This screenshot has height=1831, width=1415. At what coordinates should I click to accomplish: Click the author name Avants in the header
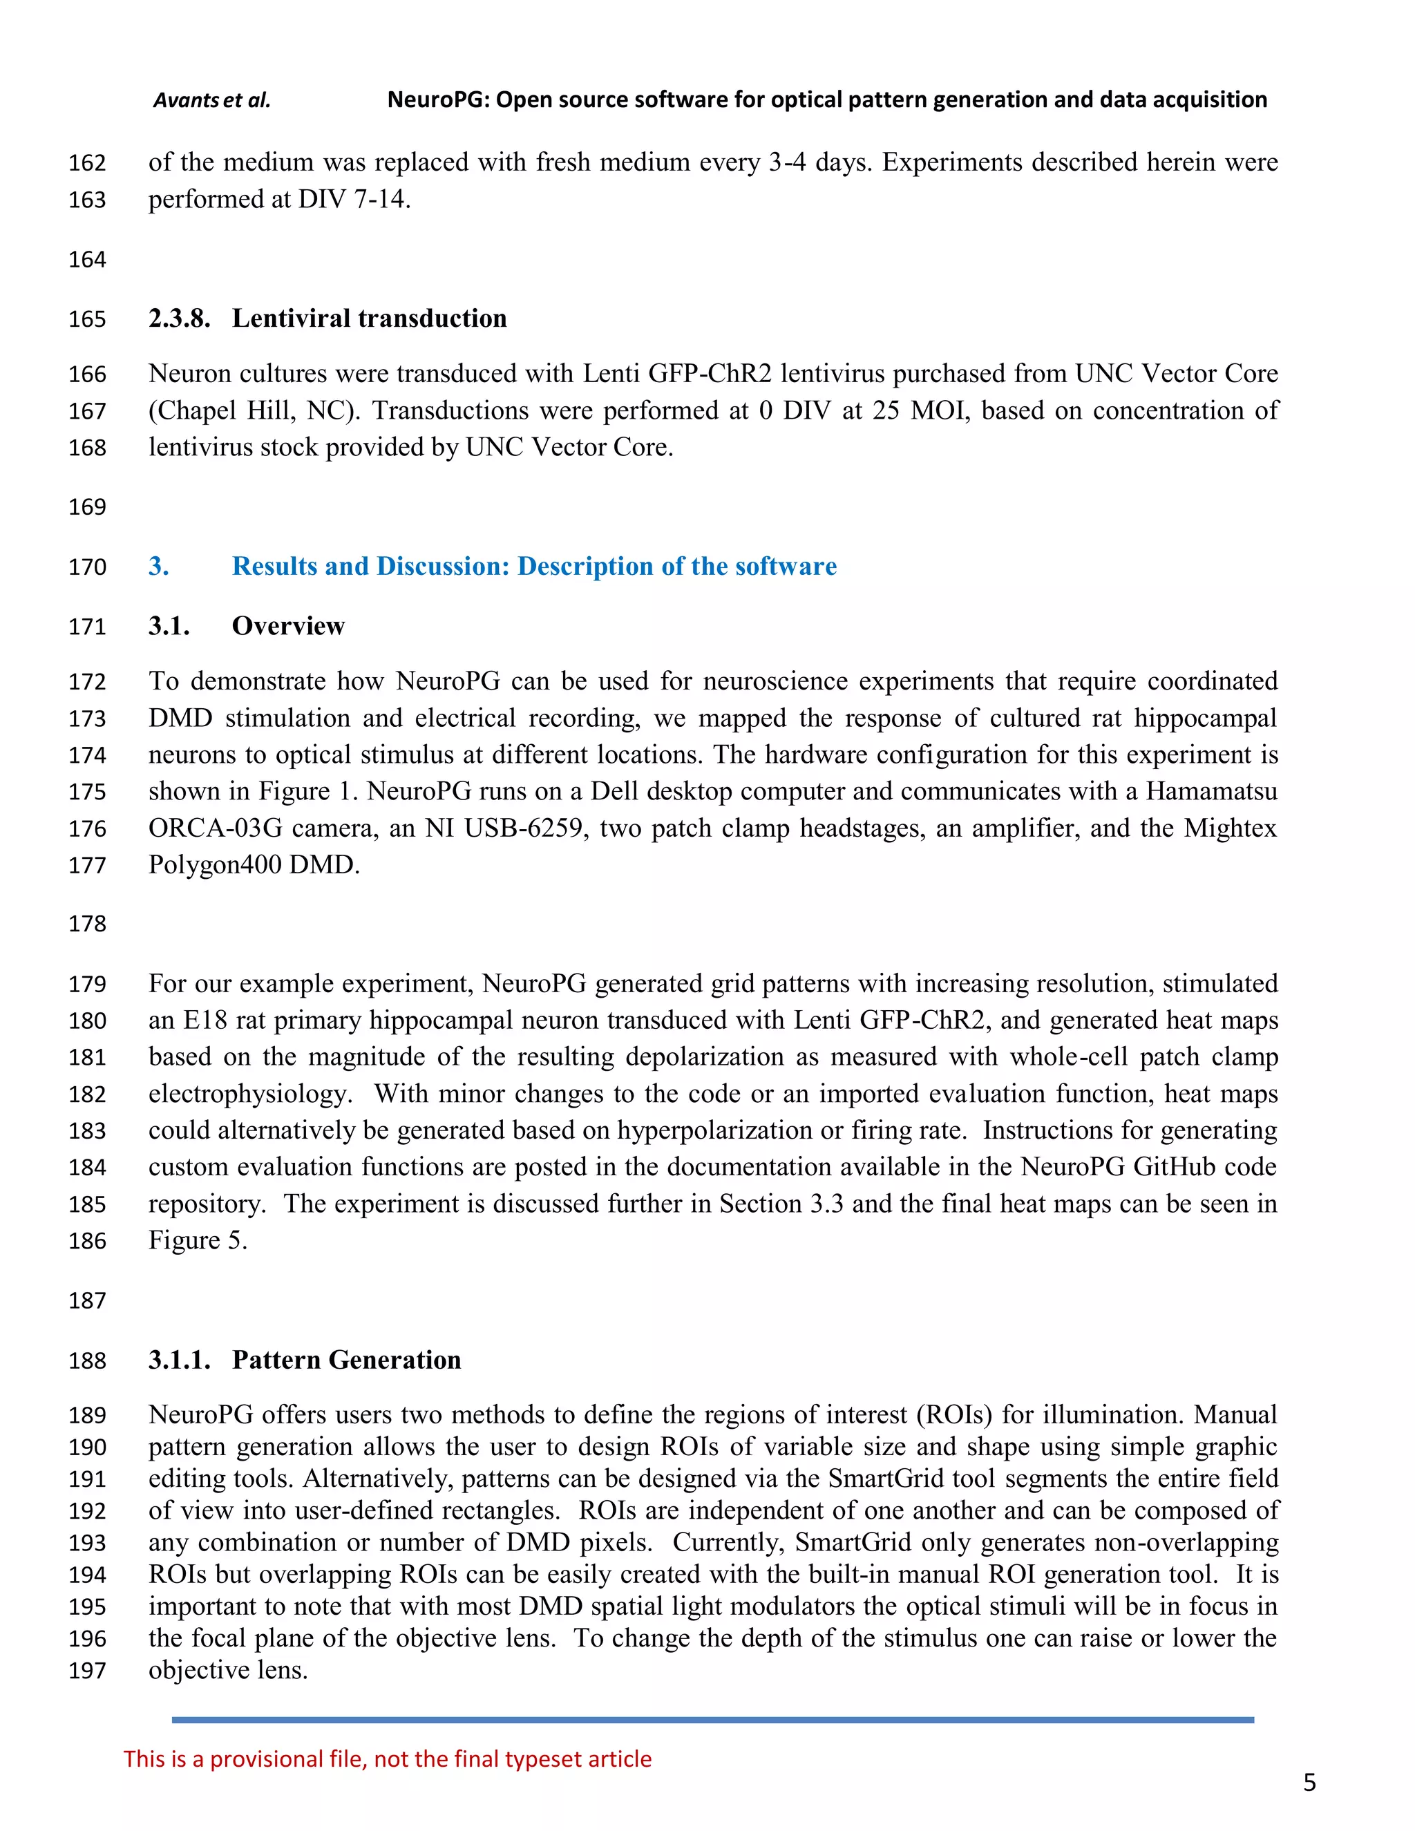(x=186, y=101)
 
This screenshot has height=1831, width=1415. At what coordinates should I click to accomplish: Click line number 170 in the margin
(x=87, y=567)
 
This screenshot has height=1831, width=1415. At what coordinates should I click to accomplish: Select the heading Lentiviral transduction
(x=369, y=319)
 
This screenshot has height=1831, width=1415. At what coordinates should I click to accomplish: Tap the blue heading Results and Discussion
(x=534, y=567)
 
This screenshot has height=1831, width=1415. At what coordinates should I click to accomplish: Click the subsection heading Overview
(x=287, y=626)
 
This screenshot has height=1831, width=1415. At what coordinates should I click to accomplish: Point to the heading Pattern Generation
(x=346, y=1360)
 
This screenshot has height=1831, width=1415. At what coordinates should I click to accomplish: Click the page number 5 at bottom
(x=1309, y=1783)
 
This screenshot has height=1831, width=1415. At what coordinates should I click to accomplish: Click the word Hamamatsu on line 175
(x=1211, y=791)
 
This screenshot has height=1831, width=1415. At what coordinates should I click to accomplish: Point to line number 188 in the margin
(x=87, y=1360)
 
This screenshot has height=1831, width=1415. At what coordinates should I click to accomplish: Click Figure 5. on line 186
(x=198, y=1241)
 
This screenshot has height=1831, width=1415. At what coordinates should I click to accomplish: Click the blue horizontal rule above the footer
(x=712, y=1720)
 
